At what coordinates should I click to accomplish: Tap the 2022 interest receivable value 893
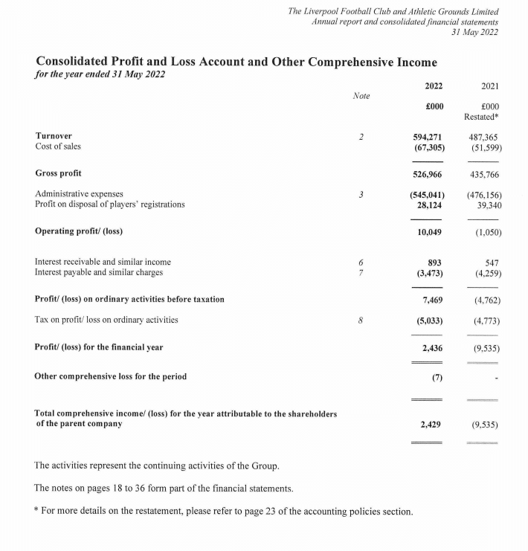tap(437, 262)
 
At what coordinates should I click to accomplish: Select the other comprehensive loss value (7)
tap(437, 377)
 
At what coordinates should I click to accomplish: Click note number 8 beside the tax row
tap(360, 320)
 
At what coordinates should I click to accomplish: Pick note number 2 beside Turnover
tap(360, 137)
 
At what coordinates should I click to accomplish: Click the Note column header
tap(361, 97)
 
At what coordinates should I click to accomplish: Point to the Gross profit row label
tap(59, 173)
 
